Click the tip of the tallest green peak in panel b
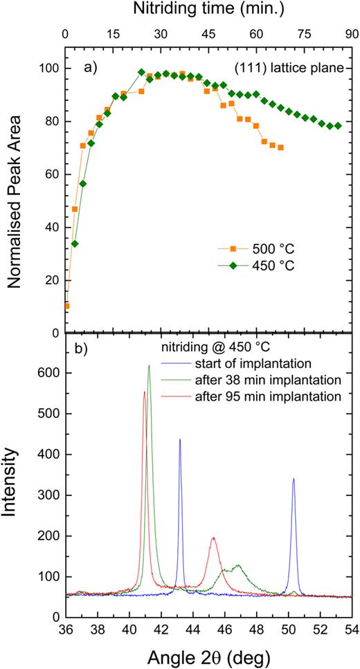point(149,366)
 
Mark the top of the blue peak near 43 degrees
point(180,439)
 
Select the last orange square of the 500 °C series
point(280,147)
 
